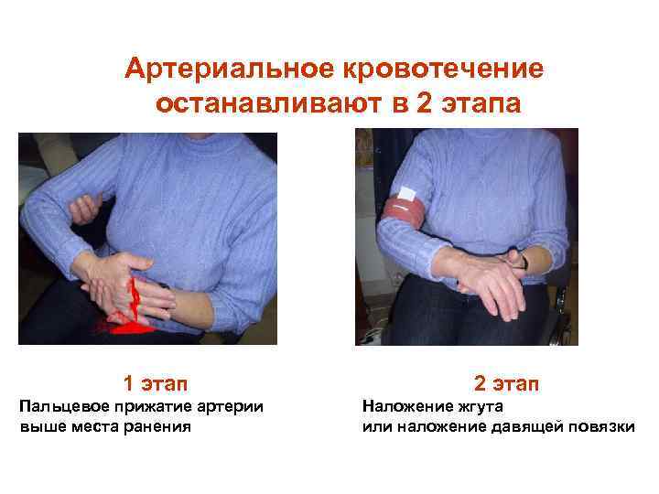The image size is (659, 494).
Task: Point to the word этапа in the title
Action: click(x=481, y=104)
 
